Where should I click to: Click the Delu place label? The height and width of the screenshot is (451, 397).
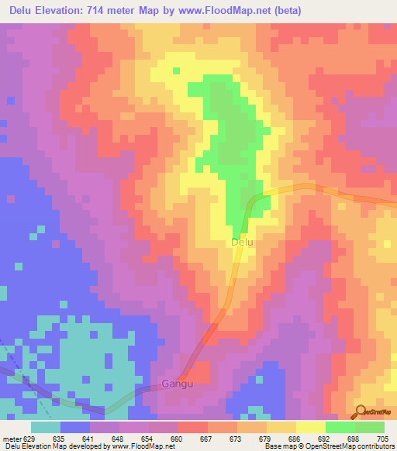[243, 243]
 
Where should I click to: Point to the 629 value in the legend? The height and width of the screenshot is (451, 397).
[29, 439]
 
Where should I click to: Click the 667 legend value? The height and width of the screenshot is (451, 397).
[207, 439]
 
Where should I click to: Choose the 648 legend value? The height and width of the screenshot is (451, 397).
[119, 439]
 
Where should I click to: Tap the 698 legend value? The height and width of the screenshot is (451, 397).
[355, 439]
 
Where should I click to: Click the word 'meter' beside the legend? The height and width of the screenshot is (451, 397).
[11, 439]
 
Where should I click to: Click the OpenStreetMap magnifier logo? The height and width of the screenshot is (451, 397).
[359, 412]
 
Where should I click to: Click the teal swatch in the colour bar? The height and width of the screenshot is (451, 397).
[46, 427]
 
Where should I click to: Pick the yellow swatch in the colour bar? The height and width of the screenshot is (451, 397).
[310, 427]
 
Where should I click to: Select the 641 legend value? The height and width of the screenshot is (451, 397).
[89, 439]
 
